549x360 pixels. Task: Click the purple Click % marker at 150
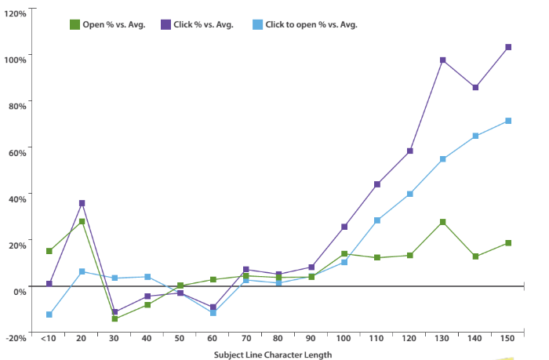coord(508,47)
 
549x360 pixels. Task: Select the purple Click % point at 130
coord(442,60)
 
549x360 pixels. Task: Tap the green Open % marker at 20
coord(82,221)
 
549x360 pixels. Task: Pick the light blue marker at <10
coord(49,315)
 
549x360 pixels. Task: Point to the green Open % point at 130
coord(442,222)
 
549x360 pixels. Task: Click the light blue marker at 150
coord(508,121)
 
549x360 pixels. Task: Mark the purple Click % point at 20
coord(82,203)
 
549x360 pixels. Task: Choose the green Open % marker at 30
coord(115,318)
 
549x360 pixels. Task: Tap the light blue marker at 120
coord(409,194)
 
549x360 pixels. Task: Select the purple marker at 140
coord(475,87)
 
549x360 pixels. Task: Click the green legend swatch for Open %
coord(75,24)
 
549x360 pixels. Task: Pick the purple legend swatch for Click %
coord(165,24)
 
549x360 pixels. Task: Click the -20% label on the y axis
coord(16,337)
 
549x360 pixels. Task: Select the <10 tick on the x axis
coord(48,337)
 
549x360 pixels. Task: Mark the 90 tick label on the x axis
coord(311,337)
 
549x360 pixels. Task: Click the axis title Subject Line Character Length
coord(273,355)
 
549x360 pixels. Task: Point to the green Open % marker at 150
coord(508,243)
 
